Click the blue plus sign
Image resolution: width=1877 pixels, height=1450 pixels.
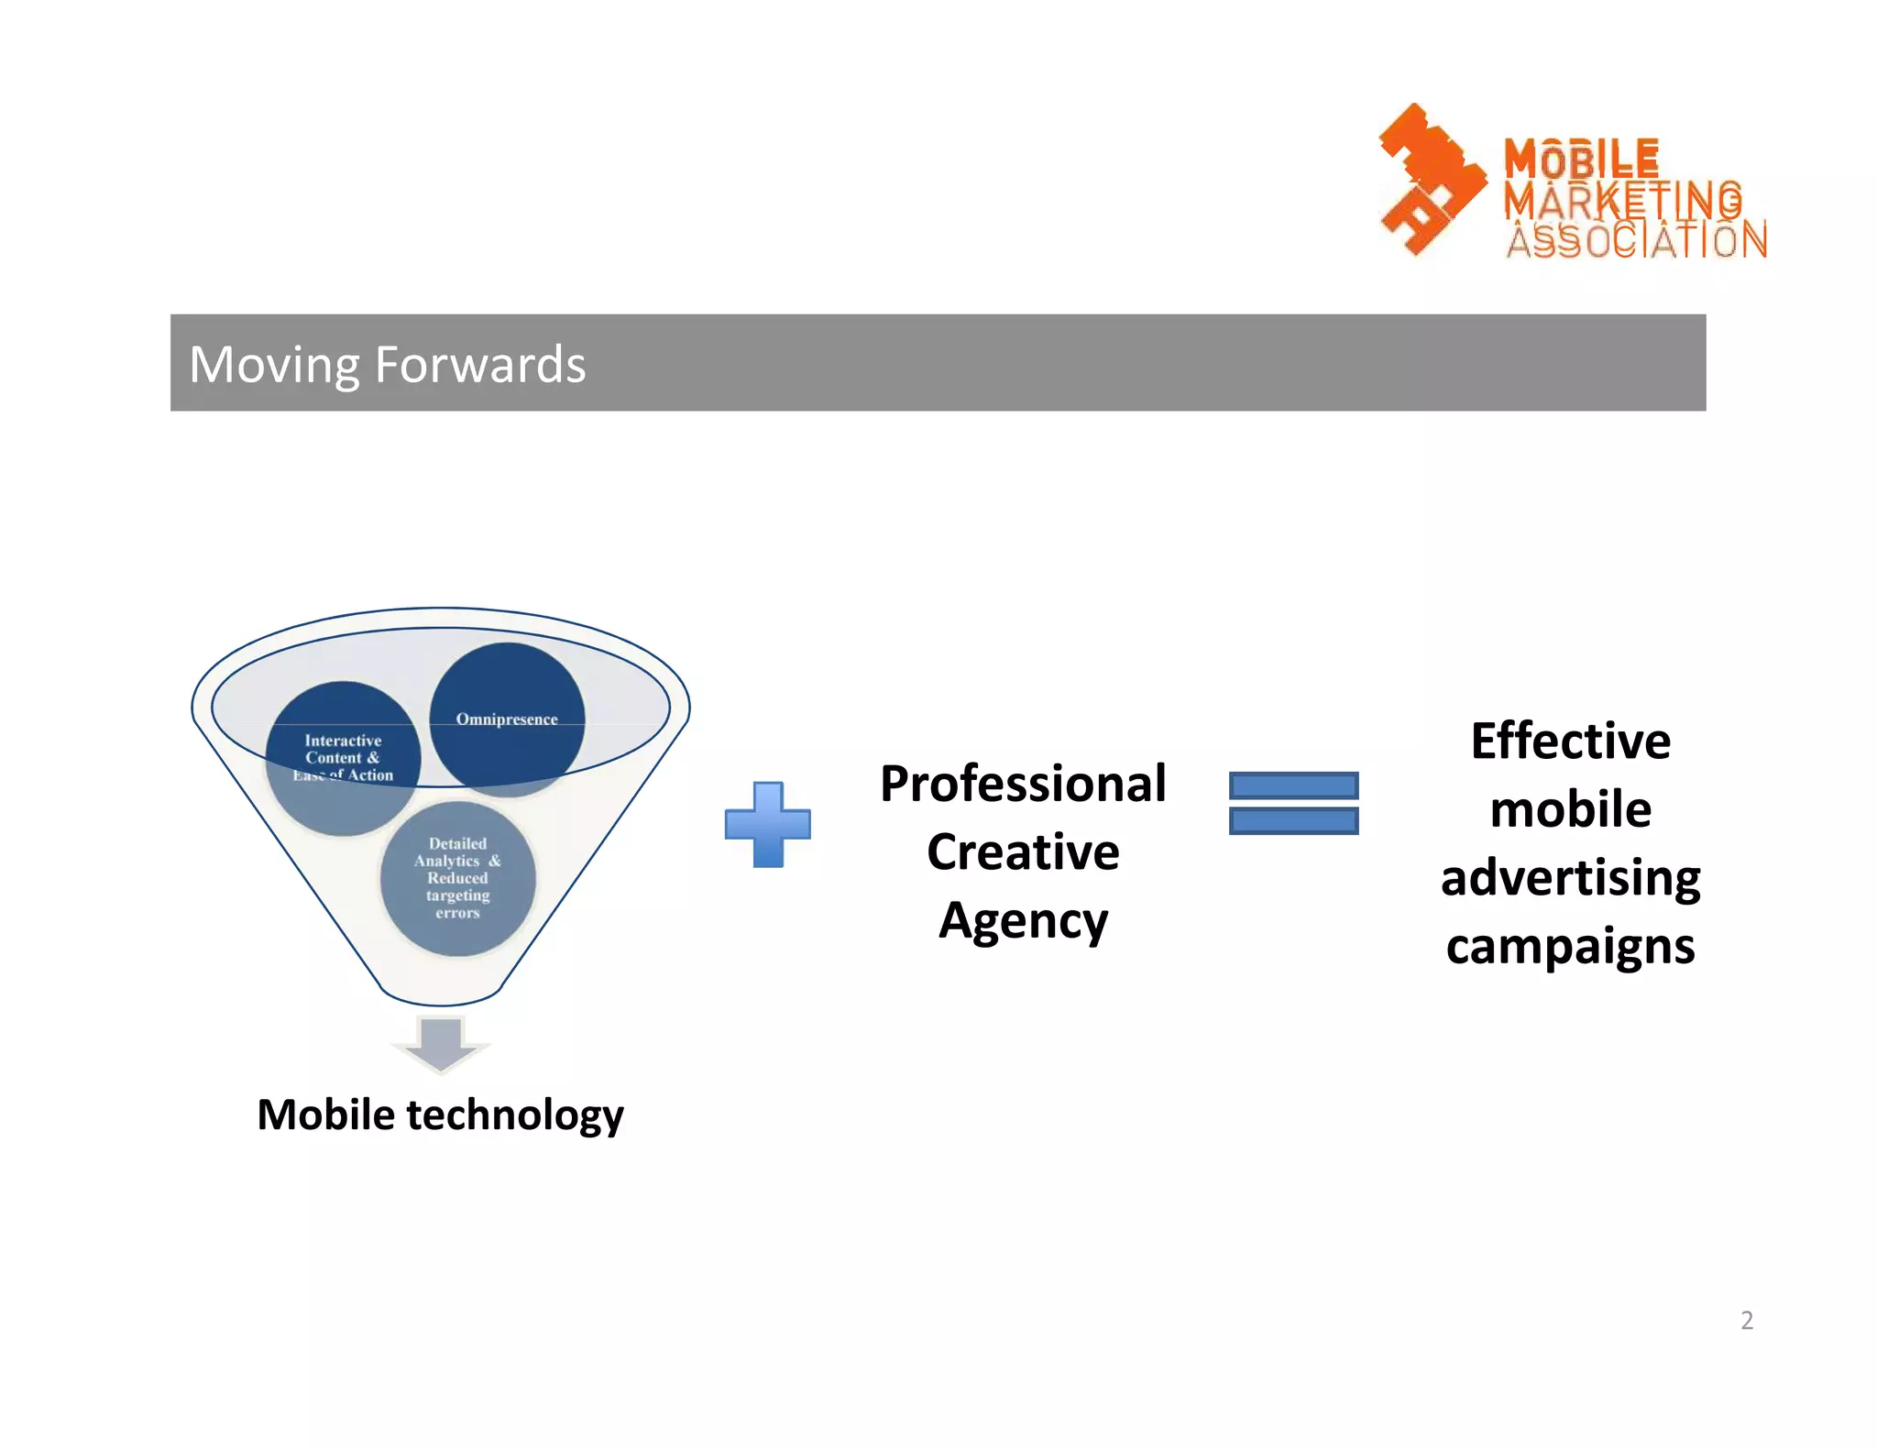click(x=768, y=824)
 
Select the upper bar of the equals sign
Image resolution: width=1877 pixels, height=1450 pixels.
click(x=1293, y=785)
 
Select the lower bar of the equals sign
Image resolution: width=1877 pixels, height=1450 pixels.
click(x=1293, y=820)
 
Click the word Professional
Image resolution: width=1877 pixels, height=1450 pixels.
click(x=1023, y=785)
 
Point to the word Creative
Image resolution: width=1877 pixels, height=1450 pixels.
click(x=1023, y=852)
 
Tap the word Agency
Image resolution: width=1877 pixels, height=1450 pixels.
click(x=1023, y=921)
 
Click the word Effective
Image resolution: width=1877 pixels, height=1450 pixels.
click(x=1570, y=741)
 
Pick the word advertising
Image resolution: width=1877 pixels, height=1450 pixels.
click(x=1570, y=878)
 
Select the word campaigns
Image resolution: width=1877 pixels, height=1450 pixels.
click(x=1570, y=947)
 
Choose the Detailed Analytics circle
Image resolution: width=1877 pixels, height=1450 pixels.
click(x=457, y=878)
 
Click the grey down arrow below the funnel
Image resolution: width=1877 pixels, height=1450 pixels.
click(x=441, y=1043)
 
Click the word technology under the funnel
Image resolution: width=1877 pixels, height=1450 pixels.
click(x=515, y=1115)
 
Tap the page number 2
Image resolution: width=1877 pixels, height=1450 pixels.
click(x=1747, y=1320)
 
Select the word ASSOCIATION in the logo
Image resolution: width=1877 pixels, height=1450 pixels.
click(x=1637, y=241)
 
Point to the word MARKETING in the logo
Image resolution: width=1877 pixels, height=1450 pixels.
click(x=1622, y=200)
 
